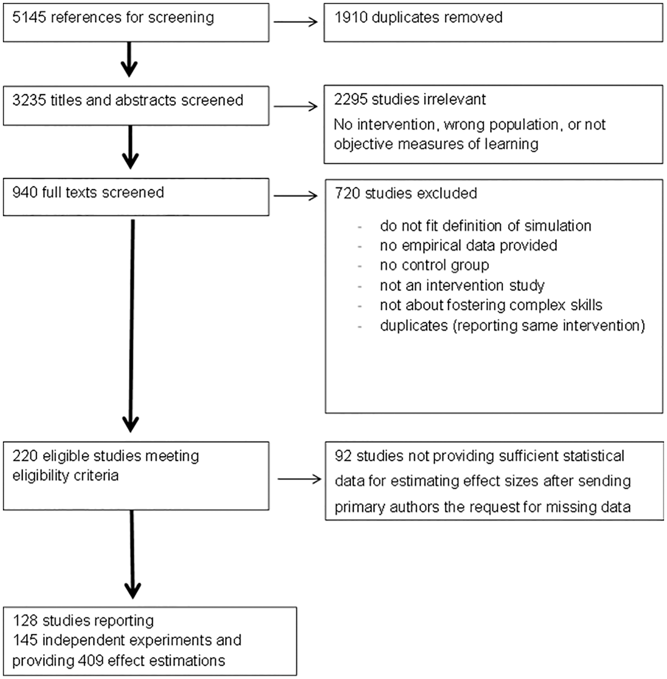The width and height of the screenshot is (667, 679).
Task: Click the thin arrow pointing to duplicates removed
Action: pyautogui.click(x=296, y=22)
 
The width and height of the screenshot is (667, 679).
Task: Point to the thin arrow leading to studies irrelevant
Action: pyautogui.click(x=296, y=106)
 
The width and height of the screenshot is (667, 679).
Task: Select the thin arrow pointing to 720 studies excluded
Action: pyautogui.click(x=296, y=196)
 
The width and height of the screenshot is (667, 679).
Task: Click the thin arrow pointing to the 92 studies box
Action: pyautogui.click(x=299, y=479)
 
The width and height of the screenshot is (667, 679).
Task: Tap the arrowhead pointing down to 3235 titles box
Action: pyautogui.click(x=129, y=69)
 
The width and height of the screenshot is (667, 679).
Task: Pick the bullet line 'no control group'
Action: pyautogui.click(x=435, y=265)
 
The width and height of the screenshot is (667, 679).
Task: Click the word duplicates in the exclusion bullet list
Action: pyautogui.click(x=413, y=326)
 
